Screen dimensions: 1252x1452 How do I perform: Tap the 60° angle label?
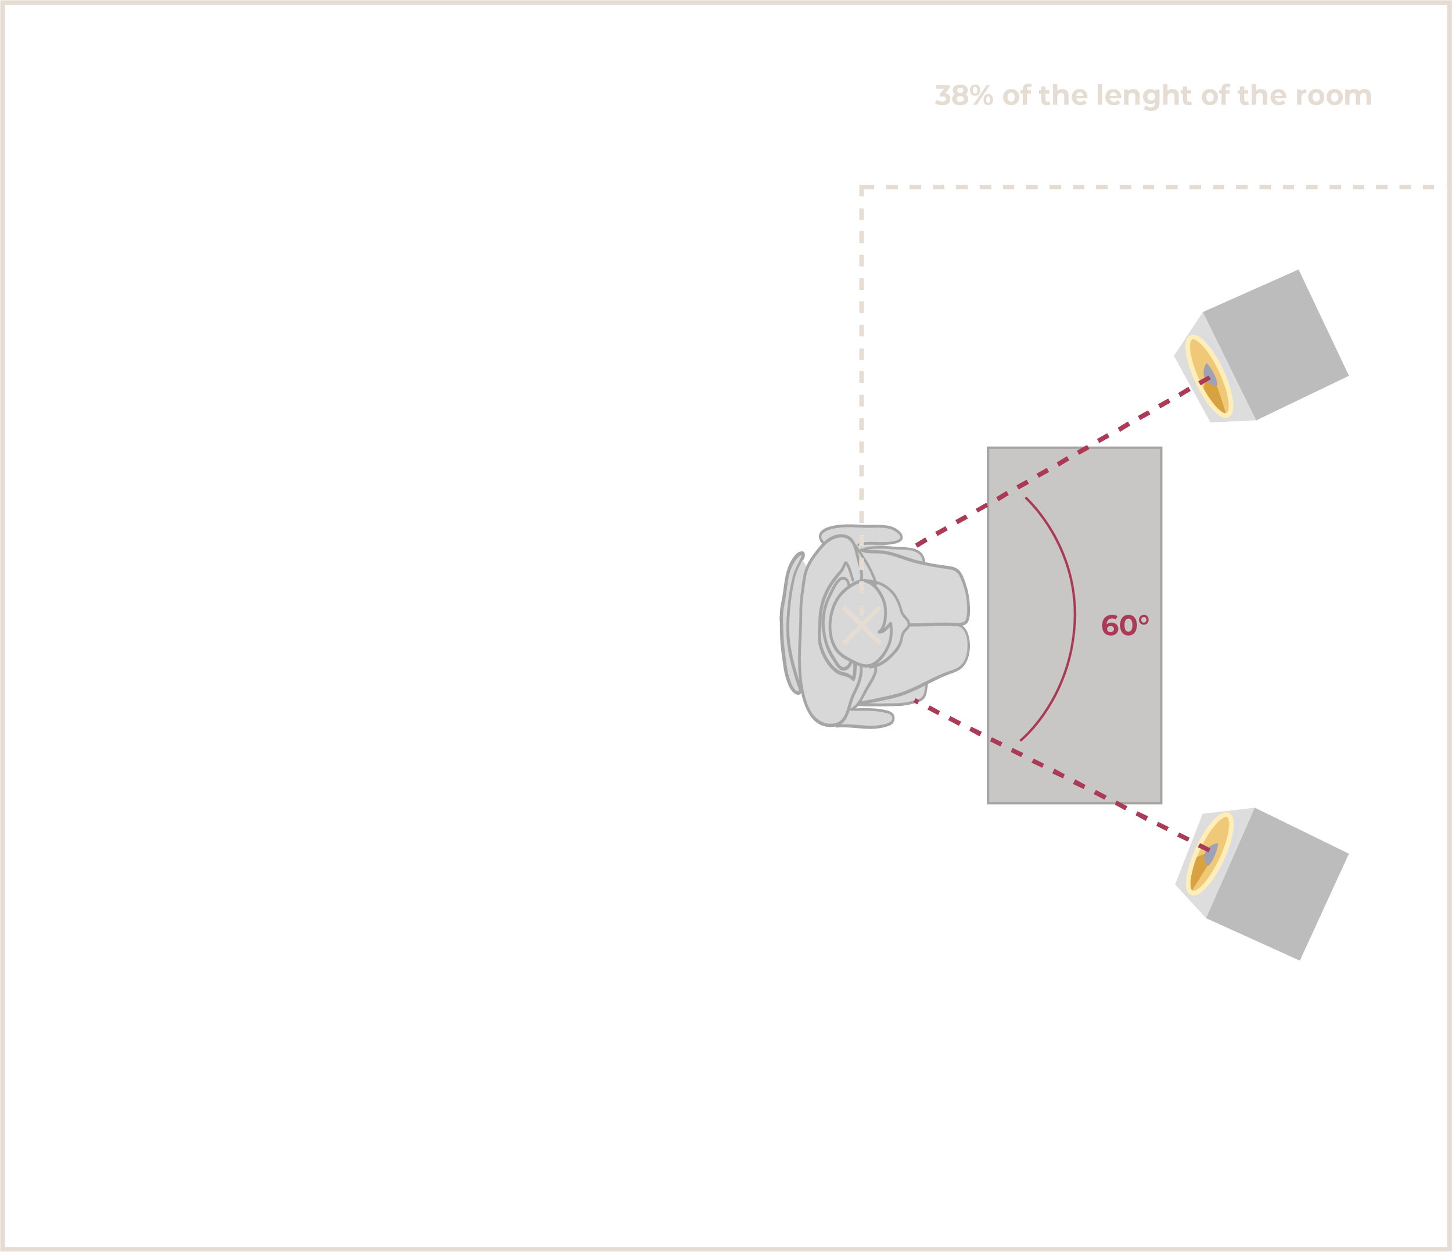click(1125, 625)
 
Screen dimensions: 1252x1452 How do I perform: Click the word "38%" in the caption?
click(964, 95)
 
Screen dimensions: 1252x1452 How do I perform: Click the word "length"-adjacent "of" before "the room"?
click(1216, 95)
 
